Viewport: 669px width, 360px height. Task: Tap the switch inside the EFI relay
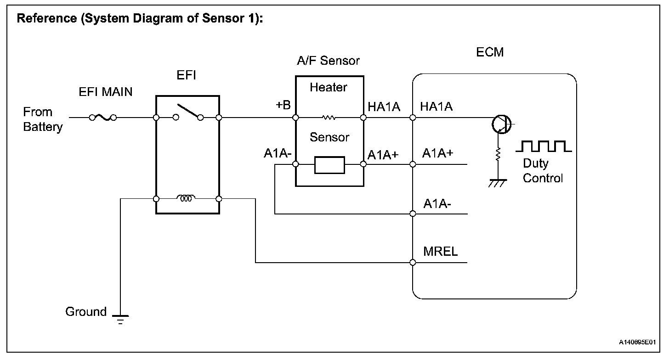187,112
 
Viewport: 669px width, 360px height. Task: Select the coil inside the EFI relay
187,198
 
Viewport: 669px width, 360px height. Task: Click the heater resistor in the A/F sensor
329,118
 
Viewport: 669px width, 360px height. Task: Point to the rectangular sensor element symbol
329,165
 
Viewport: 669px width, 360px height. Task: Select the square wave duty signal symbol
544,146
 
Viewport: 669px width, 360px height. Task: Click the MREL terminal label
440,252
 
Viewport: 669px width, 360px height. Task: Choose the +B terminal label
283,105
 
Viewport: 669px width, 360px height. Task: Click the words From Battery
43,119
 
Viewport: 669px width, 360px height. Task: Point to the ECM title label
490,52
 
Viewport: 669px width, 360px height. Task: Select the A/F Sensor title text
328,61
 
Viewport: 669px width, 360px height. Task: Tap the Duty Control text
542,171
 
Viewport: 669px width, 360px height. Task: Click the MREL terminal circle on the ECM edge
413,263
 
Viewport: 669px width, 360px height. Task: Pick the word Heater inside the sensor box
328,87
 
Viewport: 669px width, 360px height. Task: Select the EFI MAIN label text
105,92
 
